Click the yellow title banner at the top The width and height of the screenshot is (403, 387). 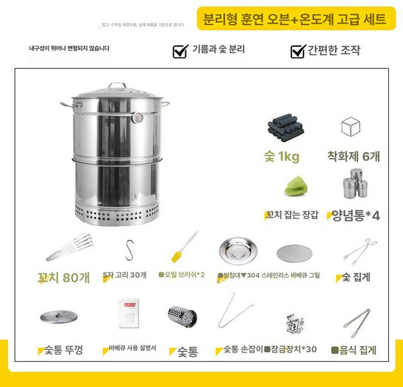pos(295,18)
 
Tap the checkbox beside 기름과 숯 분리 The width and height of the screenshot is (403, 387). pos(180,51)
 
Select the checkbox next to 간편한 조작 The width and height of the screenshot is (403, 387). pos(298,51)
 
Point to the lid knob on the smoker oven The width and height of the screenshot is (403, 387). pos(117,86)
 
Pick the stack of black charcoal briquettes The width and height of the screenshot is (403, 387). pos(284,127)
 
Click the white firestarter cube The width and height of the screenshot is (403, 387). pos(350,127)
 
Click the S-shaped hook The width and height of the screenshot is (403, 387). pos(129,250)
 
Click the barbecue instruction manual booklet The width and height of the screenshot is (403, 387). pos(129,315)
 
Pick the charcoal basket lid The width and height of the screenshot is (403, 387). pos(59,316)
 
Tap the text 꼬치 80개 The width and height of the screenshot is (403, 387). pos(63,277)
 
